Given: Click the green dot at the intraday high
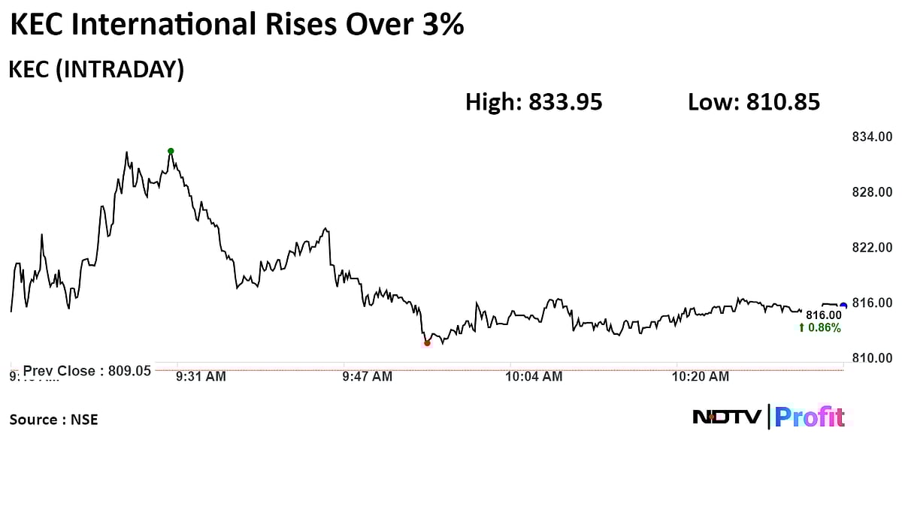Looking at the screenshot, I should pos(171,151).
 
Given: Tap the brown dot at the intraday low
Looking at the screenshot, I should pos(427,343).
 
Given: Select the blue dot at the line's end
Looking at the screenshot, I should pos(843,305).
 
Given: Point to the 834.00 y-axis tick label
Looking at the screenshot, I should pos(871,137).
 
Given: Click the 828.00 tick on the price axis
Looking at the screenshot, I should pos(871,192).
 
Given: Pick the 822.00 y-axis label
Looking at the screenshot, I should pos(871,248).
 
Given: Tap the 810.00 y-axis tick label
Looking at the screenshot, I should pos(871,358).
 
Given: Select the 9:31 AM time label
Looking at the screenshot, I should pos(201,377).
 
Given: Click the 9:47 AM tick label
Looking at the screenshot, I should pos(367,377).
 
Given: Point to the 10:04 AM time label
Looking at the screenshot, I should pos(534,377).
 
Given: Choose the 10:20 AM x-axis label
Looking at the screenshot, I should pos(701,377).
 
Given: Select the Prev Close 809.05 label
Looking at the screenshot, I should pos(86,370).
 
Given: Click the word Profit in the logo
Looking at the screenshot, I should pos(810,417).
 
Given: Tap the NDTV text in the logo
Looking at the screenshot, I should pos(727,417).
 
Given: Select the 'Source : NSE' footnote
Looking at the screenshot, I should pos(53,420).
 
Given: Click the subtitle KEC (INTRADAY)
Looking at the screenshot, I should pos(96,70).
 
